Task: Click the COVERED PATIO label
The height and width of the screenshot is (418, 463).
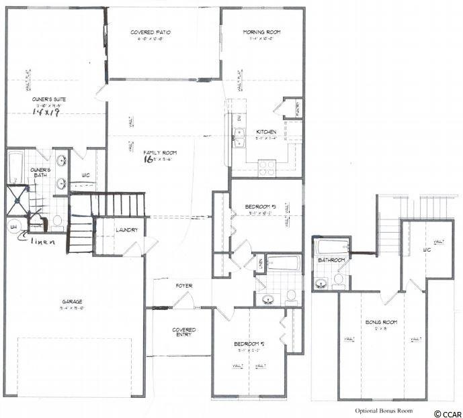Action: pos(153,32)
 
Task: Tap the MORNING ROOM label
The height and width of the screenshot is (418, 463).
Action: pos(263,32)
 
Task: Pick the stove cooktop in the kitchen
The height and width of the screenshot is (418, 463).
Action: pos(267,164)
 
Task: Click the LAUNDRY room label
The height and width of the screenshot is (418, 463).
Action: pos(126,230)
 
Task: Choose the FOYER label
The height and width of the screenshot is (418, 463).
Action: pos(184,286)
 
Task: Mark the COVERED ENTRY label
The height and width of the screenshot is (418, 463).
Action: pos(183,332)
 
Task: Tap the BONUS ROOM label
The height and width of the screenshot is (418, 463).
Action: pos(381,323)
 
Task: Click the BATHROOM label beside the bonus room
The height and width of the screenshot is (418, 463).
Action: pos(331,260)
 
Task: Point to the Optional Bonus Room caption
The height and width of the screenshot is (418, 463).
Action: pos(384,410)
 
